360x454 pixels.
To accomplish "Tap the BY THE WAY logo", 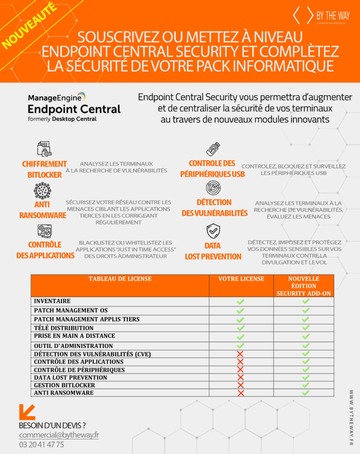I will pyautogui.click(x=321, y=17).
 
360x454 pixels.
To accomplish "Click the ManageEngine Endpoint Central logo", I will pyautogui.click(x=74, y=107).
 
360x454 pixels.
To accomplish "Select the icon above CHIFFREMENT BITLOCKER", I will pyautogui.click(x=44, y=149).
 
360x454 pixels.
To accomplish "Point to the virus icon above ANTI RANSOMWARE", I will pyautogui.click(x=42, y=191).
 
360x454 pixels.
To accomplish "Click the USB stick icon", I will pyautogui.click(x=213, y=149).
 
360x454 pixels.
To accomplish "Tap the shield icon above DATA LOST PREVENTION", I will pyautogui.click(x=213, y=231).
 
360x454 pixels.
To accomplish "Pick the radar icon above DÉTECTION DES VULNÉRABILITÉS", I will pyautogui.click(x=213, y=188).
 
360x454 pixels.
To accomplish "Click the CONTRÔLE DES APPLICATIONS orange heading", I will pyautogui.click(x=45, y=250).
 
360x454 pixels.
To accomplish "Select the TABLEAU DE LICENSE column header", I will pyautogui.click(x=120, y=279).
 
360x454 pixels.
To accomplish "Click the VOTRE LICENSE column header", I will pyautogui.click(x=241, y=279).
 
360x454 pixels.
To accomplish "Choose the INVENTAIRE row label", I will pyautogui.click(x=52, y=301).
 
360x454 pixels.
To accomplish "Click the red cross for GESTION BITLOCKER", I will pyautogui.click(x=240, y=385).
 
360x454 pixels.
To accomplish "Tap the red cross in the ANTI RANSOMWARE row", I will pyautogui.click(x=240, y=393).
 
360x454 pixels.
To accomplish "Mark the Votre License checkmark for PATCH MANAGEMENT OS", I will pyautogui.click(x=240, y=311).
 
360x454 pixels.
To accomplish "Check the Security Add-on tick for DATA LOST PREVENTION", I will pyautogui.click(x=306, y=377).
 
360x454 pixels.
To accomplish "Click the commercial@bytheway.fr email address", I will pyautogui.click(x=59, y=435).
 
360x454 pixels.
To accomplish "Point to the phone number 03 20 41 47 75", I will pyautogui.click(x=41, y=445).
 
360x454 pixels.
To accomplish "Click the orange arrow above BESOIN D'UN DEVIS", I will pyautogui.click(x=27, y=412).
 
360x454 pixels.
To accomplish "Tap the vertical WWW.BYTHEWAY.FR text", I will pyautogui.click(x=351, y=417).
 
